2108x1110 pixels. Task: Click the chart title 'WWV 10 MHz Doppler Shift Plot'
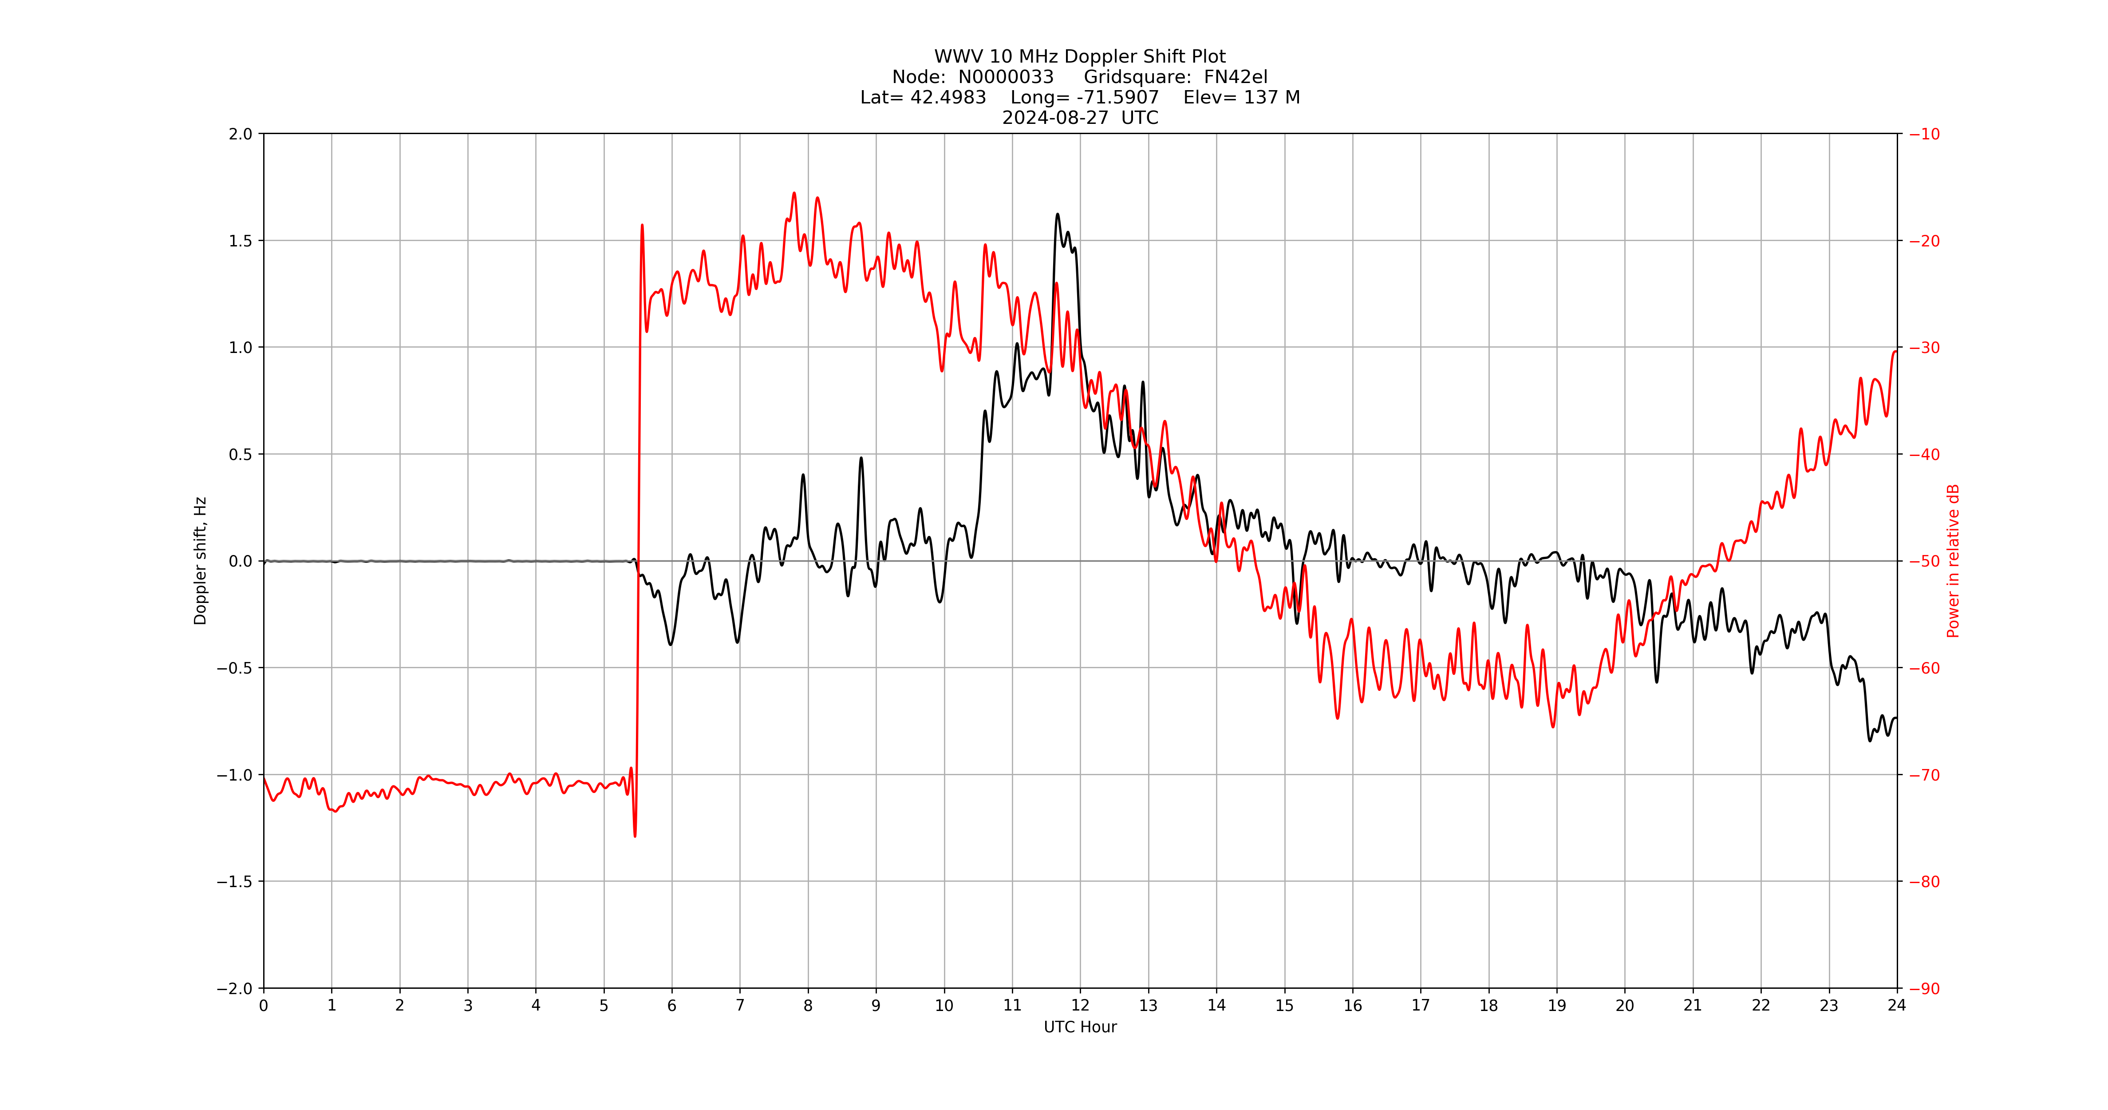tap(1079, 56)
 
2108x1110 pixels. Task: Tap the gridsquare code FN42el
tap(1235, 77)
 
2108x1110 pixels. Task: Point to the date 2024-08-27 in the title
tap(1055, 118)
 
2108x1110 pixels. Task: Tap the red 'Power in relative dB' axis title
tap(1953, 561)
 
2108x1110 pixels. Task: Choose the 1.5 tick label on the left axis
tap(241, 241)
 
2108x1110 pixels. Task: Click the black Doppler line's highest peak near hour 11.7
tap(1057, 214)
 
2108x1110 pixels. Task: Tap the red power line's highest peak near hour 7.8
tap(794, 193)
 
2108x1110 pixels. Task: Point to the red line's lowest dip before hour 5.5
tap(635, 836)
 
